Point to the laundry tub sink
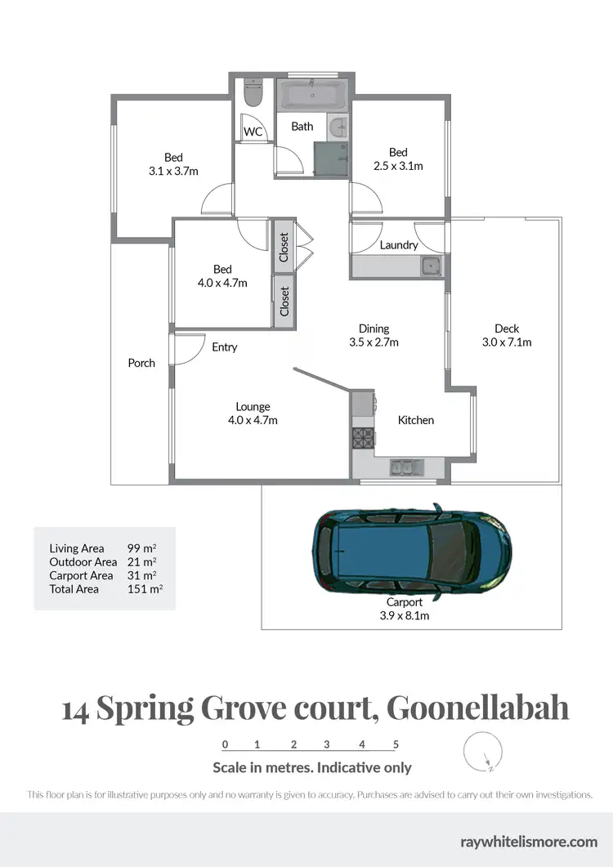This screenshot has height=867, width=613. coord(430,266)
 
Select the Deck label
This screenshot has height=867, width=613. coord(507,328)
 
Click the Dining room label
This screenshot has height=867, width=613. coord(374,328)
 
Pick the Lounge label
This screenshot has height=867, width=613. coord(253,407)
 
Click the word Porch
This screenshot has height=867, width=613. coord(141,363)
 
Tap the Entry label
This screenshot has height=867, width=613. coord(225,347)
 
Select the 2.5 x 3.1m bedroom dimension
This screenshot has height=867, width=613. coord(398,166)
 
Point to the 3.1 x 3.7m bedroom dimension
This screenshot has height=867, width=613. coord(173,171)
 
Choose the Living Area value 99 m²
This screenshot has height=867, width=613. coord(141,548)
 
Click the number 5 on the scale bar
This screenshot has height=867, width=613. coord(396,744)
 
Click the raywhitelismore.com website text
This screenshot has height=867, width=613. coord(529,841)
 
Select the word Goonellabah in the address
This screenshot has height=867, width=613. coord(477,708)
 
